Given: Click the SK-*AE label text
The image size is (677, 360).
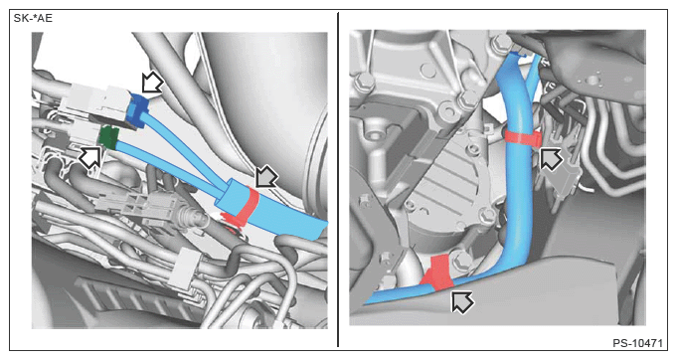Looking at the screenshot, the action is [x=33, y=19].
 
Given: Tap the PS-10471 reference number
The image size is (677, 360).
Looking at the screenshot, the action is [x=637, y=344].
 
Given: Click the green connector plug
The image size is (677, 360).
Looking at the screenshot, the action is [x=108, y=137].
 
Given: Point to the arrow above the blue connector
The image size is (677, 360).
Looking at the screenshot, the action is [x=152, y=83].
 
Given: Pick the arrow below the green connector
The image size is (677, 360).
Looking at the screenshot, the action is [x=90, y=157].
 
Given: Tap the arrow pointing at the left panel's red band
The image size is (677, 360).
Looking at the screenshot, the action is [x=266, y=177].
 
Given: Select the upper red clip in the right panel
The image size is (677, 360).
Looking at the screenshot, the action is [x=523, y=137].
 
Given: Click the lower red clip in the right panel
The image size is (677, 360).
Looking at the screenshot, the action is [x=437, y=273].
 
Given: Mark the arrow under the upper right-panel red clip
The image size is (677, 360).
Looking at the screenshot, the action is [x=552, y=159].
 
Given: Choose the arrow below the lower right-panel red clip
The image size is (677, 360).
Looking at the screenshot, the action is [x=462, y=301].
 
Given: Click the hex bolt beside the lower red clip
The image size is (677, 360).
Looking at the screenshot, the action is [x=461, y=262].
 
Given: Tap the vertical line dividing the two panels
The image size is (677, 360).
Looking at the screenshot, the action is [x=338, y=180].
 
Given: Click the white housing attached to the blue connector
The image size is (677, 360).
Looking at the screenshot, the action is [x=94, y=100].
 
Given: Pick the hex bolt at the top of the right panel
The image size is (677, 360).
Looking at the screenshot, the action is [x=502, y=43].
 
